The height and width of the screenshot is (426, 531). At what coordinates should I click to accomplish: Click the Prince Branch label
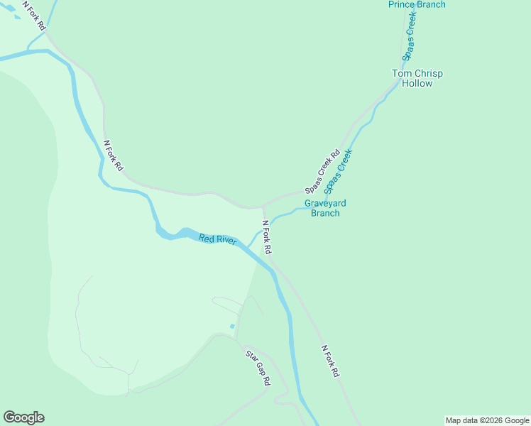(x=417, y=5)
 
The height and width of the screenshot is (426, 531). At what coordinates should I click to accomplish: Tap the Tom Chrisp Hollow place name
(x=417, y=78)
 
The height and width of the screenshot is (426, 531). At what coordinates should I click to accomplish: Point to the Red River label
(x=217, y=239)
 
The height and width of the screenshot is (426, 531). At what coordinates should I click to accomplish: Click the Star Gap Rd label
(x=258, y=367)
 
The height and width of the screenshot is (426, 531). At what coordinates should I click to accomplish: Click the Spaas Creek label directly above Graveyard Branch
(x=339, y=171)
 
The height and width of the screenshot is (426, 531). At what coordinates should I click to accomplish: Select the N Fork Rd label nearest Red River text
(x=266, y=237)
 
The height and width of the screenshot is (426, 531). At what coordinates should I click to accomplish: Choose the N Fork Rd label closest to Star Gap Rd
(x=330, y=361)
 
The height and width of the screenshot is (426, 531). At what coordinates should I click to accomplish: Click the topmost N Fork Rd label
(x=35, y=15)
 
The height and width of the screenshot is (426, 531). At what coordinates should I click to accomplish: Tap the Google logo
(x=23, y=417)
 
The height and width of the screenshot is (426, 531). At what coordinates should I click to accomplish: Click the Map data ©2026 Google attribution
(x=487, y=420)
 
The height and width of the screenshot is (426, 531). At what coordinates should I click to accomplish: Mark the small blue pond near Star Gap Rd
(x=232, y=326)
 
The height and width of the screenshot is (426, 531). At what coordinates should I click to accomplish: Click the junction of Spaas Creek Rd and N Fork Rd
(x=263, y=207)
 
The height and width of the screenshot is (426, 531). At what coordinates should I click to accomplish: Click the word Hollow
(x=417, y=83)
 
